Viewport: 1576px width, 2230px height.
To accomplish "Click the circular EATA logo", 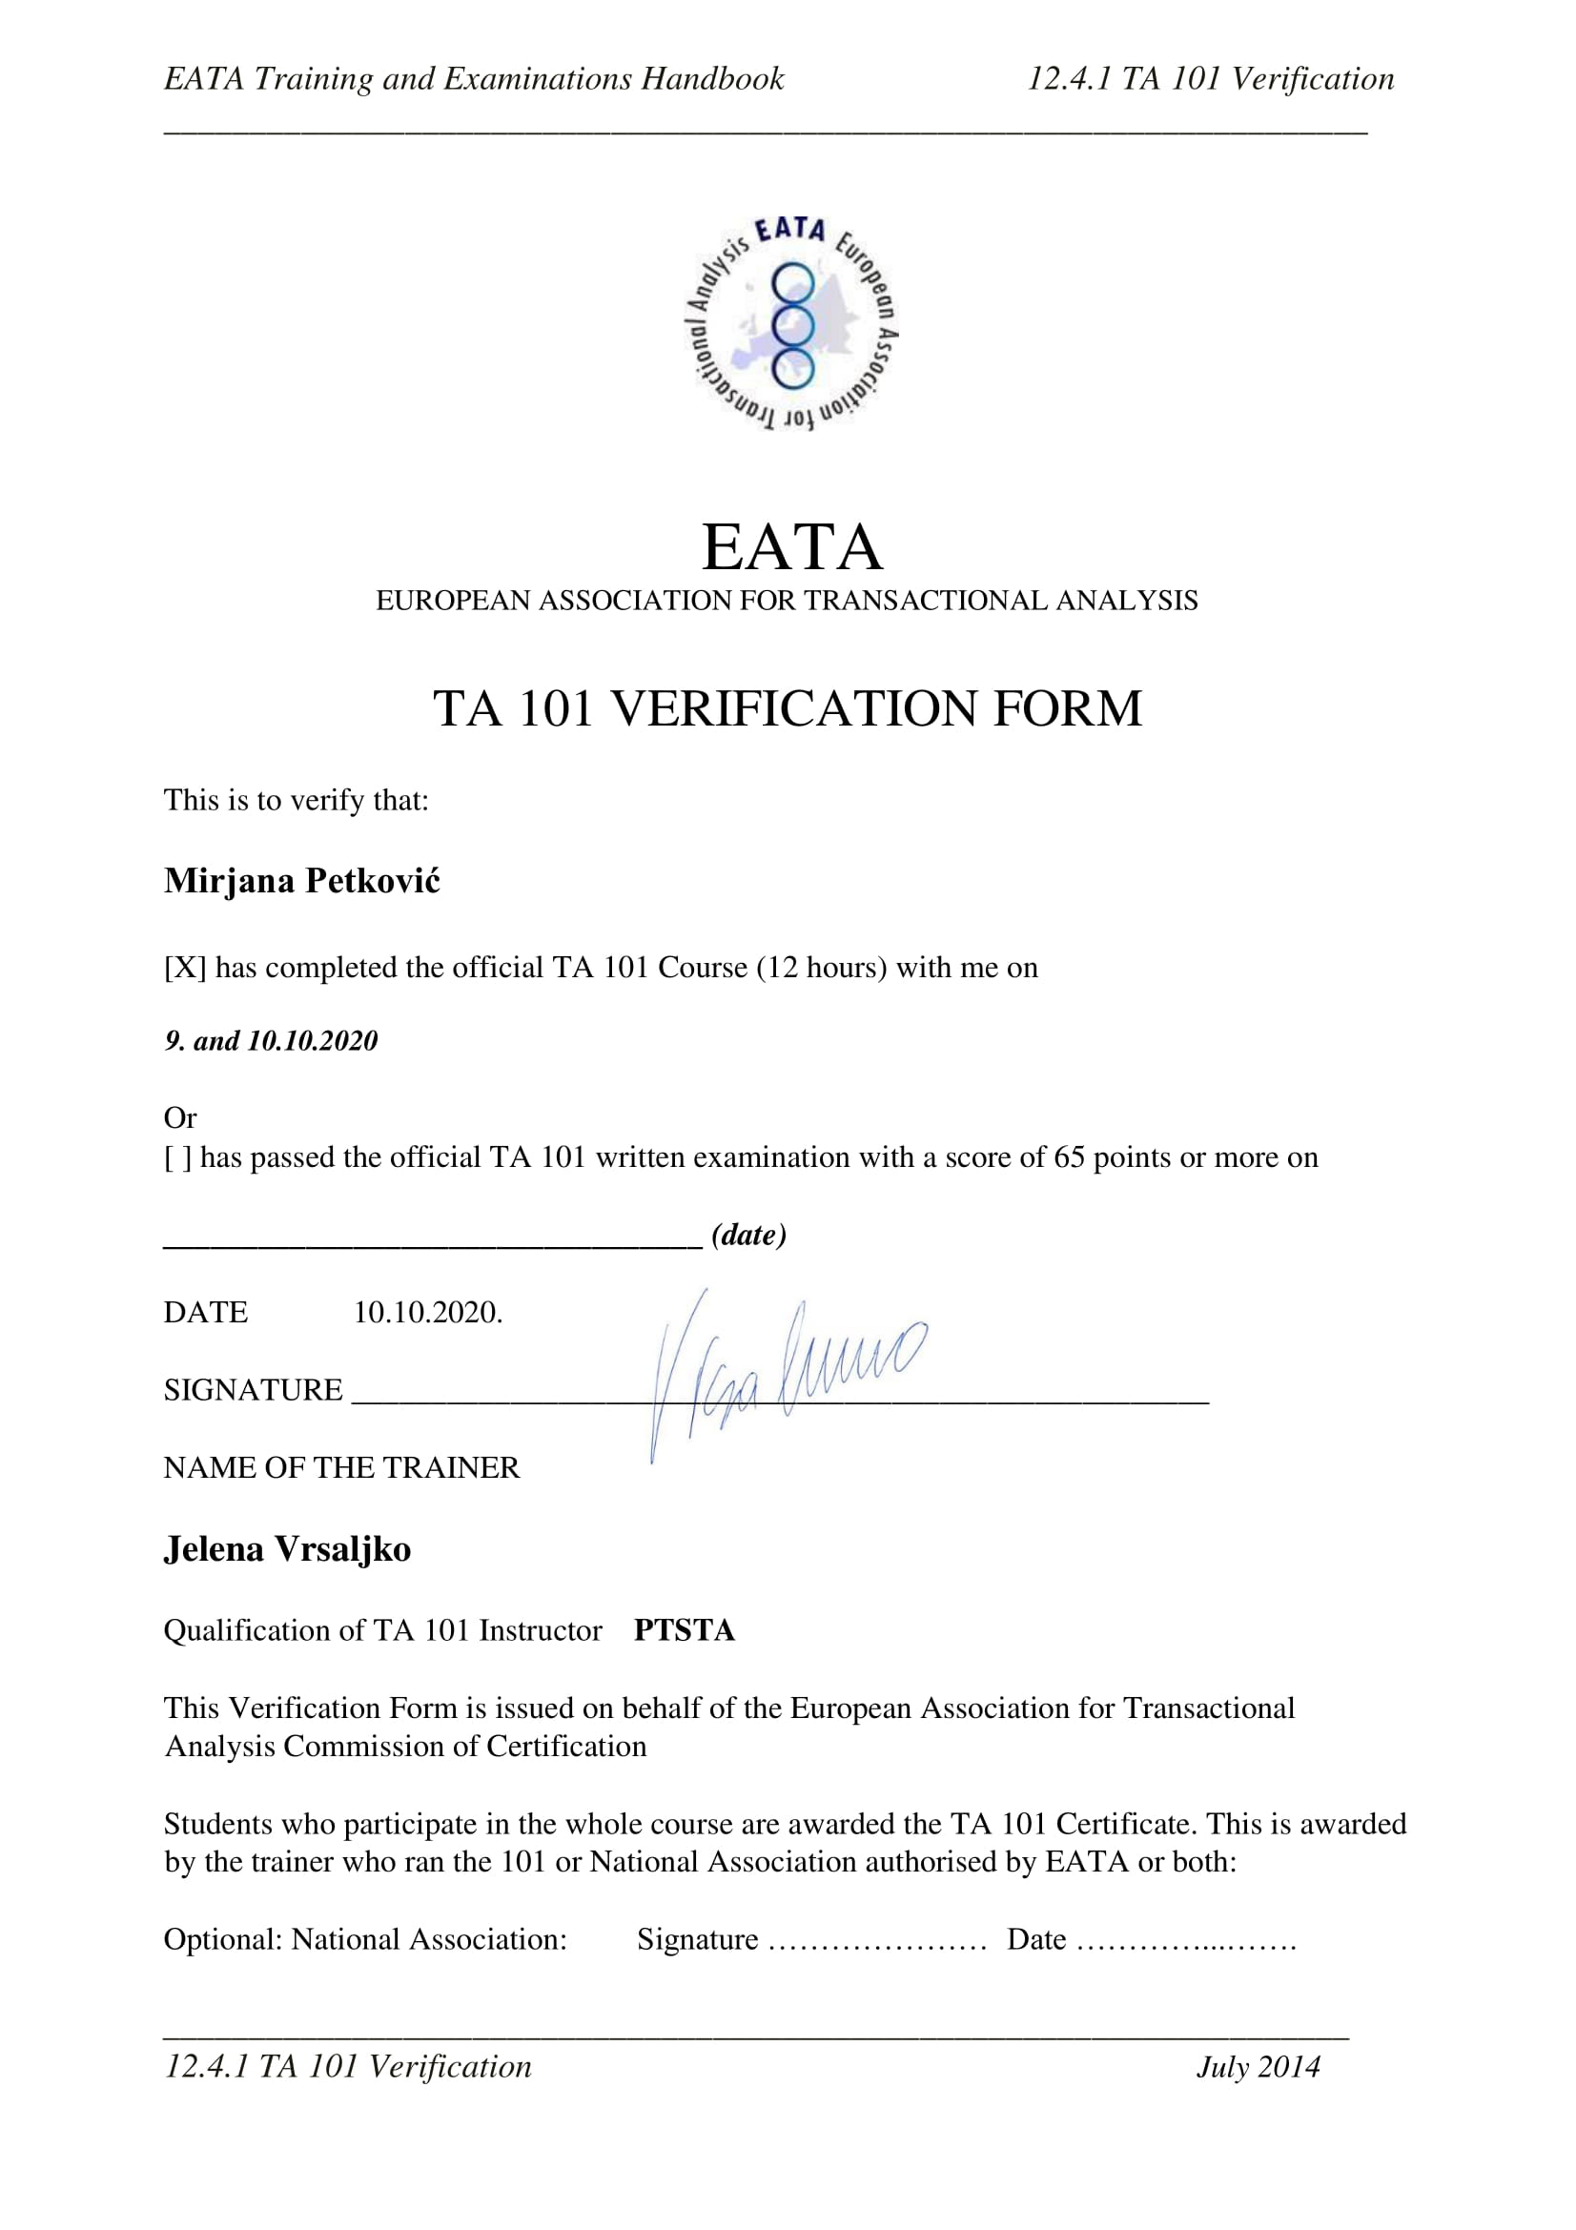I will pos(791,323).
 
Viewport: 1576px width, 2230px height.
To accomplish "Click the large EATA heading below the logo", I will pos(791,547).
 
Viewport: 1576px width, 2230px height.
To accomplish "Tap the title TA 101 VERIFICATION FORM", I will pos(787,708).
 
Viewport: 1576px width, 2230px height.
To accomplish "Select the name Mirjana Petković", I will pos(302,881).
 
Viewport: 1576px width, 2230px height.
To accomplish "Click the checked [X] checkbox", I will pos(185,969).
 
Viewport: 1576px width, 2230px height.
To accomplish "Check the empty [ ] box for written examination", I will pos(177,1157).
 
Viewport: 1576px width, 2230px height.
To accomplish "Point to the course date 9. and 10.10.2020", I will pos(271,1041).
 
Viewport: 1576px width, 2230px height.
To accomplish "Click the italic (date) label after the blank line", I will pos(748,1235).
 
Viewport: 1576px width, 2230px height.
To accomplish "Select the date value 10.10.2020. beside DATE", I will pos(427,1313).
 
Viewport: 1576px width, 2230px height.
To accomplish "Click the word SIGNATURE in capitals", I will pos(253,1390).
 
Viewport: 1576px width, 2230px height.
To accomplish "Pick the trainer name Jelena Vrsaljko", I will pos(287,1549).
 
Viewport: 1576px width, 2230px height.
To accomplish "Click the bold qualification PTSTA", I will pos(685,1630).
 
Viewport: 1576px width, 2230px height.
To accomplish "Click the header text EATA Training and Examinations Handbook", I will pos(474,79).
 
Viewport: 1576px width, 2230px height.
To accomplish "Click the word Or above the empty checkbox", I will pos(180,1118).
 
